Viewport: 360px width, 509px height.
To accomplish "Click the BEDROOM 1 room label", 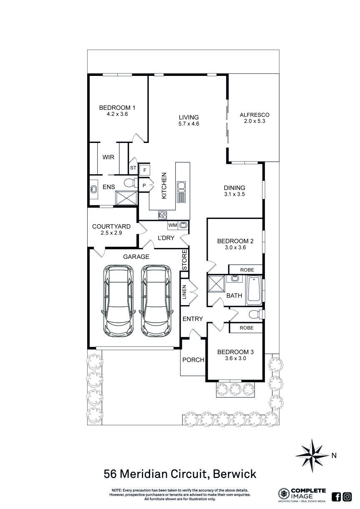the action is point(117,108).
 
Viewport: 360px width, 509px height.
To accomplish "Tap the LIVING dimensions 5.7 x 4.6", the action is point(189,124).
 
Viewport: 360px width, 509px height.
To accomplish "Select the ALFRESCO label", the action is point(254,115).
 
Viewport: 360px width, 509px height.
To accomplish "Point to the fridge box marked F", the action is point(145,170).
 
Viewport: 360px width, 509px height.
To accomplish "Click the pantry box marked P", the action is point(144,186).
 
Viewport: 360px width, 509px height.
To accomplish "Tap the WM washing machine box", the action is point(173,226).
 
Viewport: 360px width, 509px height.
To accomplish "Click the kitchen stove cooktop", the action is point(163,215).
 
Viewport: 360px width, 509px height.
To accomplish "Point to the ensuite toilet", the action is point(131,183).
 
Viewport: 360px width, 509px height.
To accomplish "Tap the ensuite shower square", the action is point(126,198).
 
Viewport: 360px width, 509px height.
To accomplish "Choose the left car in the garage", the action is point(118,301).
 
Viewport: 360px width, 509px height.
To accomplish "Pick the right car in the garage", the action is point(156,301).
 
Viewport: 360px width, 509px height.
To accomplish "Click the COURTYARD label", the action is point(111,226).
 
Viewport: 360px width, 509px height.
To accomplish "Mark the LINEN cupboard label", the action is point(184,292).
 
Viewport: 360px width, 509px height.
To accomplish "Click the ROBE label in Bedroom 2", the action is point(247,270).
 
